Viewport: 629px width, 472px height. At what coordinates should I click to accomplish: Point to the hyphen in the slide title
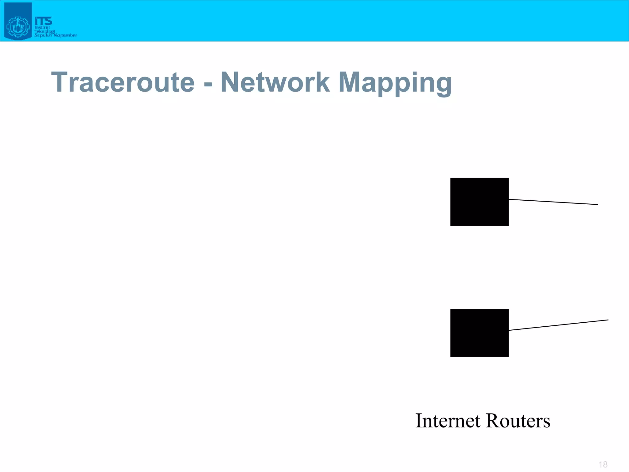click(208, 84)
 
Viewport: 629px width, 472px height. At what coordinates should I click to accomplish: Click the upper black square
click(479, 202)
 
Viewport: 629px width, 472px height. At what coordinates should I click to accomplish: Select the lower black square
click(479, 333)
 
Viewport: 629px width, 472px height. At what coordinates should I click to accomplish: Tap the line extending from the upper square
click(553, 202)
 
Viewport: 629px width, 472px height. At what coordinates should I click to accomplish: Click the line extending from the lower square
click(558, 325)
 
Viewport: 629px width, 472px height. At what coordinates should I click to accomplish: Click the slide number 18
click(603, 464)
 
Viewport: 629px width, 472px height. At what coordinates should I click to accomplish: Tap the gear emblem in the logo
click(18, 27)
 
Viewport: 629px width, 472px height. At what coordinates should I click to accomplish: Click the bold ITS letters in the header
click(43, 21)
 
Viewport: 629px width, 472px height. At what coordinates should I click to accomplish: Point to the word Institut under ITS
click(42, 27)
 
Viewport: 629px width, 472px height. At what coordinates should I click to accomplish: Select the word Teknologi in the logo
click(44, 31)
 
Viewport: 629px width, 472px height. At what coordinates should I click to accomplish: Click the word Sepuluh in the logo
click(43, 35)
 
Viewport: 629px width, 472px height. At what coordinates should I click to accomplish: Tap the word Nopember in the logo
click(65, 35)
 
